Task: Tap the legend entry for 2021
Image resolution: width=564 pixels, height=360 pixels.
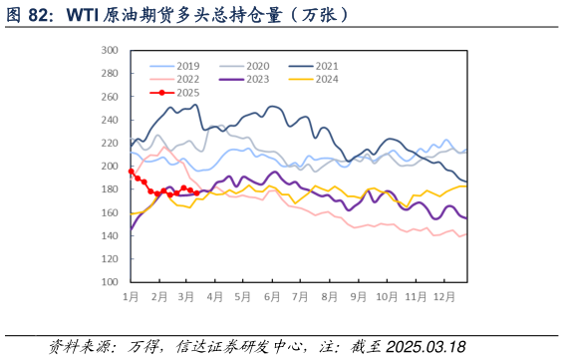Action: click(325, 66)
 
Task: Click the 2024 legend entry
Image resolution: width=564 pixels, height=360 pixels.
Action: click(325, 79)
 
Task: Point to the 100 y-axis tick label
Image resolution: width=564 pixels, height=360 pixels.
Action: click(110, 282)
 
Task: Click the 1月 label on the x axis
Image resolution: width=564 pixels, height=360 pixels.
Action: click(131, 297)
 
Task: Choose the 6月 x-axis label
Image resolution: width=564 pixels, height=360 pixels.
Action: click(272, 297)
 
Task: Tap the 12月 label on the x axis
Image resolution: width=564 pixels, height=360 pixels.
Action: click(444, 297)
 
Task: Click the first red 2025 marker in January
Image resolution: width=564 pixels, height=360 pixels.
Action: click(132, 172)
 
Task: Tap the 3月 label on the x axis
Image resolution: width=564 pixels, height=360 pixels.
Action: click(186, 297)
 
